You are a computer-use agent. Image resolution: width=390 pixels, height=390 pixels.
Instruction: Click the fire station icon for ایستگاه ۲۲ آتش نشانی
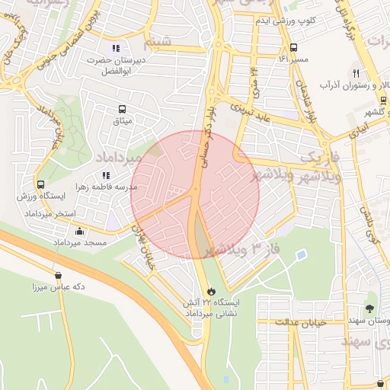tap(211, 291)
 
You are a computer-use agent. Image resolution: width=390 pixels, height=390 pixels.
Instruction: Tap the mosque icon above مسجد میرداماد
tap(80, 231)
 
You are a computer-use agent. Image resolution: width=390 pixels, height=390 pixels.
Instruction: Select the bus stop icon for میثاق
tap(123, 109)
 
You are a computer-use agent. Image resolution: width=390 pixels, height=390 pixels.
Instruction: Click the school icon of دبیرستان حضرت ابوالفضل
tap(116, 48)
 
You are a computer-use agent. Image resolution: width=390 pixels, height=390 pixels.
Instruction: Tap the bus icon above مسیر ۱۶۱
tap(294, 47)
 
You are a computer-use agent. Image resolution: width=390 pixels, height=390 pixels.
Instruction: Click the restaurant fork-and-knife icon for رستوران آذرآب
tap(355, 72)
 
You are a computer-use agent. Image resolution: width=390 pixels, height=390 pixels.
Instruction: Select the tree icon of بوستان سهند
tap(370, 308)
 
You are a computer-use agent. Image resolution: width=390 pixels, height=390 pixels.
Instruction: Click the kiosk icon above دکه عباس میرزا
tap(59, 276)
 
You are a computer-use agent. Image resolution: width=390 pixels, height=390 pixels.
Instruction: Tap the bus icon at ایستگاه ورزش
tap(40, 184)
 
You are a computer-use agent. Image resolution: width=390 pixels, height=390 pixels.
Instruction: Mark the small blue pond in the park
tap(302, 254)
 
